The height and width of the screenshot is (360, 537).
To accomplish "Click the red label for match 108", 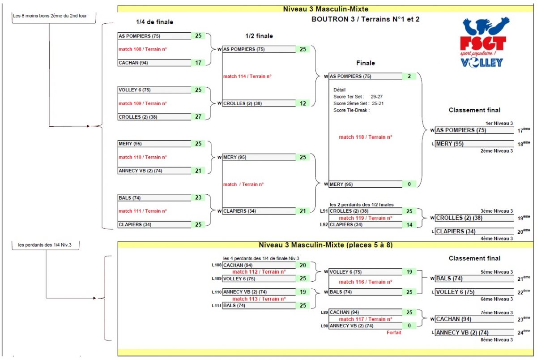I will pos(142,49).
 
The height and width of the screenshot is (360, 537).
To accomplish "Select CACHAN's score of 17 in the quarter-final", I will pos(198,63).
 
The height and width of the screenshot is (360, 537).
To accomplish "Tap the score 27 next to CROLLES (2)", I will pos(198,117).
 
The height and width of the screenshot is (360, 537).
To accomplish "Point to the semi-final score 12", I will pos(303,103).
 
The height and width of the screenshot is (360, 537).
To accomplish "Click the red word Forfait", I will pos(394,333).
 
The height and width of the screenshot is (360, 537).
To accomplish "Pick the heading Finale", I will pos(366,63).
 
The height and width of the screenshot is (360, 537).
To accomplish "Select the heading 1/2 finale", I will pos(259,36).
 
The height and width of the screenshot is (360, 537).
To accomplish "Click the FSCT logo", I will pos(485,43).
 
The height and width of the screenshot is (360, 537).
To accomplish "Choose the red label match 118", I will pos(368,137).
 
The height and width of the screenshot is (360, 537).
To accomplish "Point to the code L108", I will pos(217,265).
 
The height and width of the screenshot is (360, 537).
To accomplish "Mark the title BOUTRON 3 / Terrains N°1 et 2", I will pos(365,19).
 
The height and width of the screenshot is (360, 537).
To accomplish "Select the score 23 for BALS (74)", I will pos(198,197).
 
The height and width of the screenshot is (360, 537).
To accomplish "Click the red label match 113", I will pos(259,299).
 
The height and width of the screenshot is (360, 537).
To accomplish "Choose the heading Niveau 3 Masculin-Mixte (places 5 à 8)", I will pos(326,245).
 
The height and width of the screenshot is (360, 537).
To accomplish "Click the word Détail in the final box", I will pos(340,90).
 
